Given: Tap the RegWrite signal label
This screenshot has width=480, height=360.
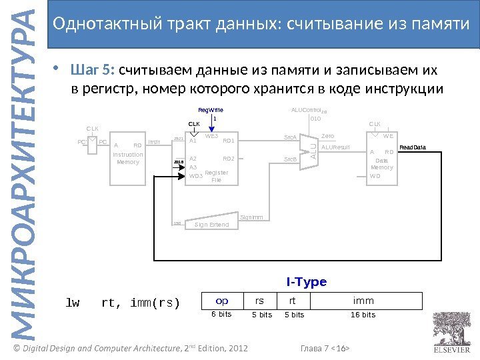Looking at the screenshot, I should coord(211,110).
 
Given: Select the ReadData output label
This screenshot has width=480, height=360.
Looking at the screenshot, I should coord(412,147).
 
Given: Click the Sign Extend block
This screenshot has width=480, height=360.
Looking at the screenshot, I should coord(211,225).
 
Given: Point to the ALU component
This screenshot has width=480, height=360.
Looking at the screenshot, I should coord(313,147).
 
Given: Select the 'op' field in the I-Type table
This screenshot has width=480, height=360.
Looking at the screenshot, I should coord(222,301).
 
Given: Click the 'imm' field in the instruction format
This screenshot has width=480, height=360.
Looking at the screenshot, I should coord(363,301).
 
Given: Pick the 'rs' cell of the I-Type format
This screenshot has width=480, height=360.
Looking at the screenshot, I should coord(260,301).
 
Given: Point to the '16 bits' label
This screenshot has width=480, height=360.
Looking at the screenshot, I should coord(363,315).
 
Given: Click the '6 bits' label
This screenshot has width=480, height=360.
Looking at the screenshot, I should coord(222,315).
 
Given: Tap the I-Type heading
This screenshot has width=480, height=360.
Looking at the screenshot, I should coord(307,282).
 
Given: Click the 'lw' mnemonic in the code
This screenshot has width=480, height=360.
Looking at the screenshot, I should coord(72,303).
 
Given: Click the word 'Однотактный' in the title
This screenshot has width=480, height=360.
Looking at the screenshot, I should coord(97,25).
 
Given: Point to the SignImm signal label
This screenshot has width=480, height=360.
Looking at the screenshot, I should coord(251,217).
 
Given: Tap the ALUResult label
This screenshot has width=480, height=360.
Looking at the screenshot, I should coord(335,147).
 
